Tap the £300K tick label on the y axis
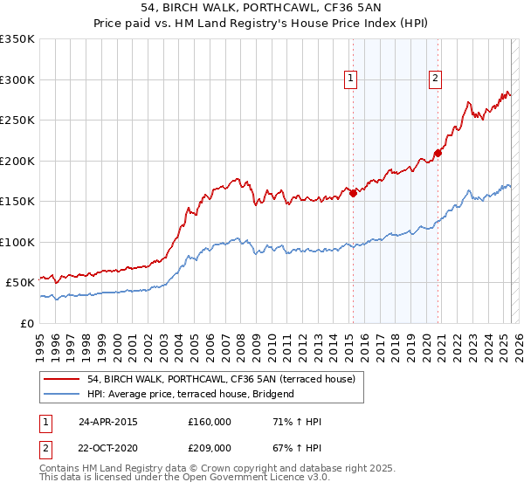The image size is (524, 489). [x=17, y=79]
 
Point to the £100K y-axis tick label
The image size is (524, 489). [x=17, y=242]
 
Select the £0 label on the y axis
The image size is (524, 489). [x=26, y=323]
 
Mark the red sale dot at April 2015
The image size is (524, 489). [x=353, y=194]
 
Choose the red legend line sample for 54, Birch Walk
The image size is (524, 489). [x=62, y=380]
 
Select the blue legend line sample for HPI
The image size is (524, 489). [x=62, y=395]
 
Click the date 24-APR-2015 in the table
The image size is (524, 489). [x=108, y=422]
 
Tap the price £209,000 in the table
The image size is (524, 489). [x=210, y=447]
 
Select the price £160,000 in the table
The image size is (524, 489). [x=210, y=422]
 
